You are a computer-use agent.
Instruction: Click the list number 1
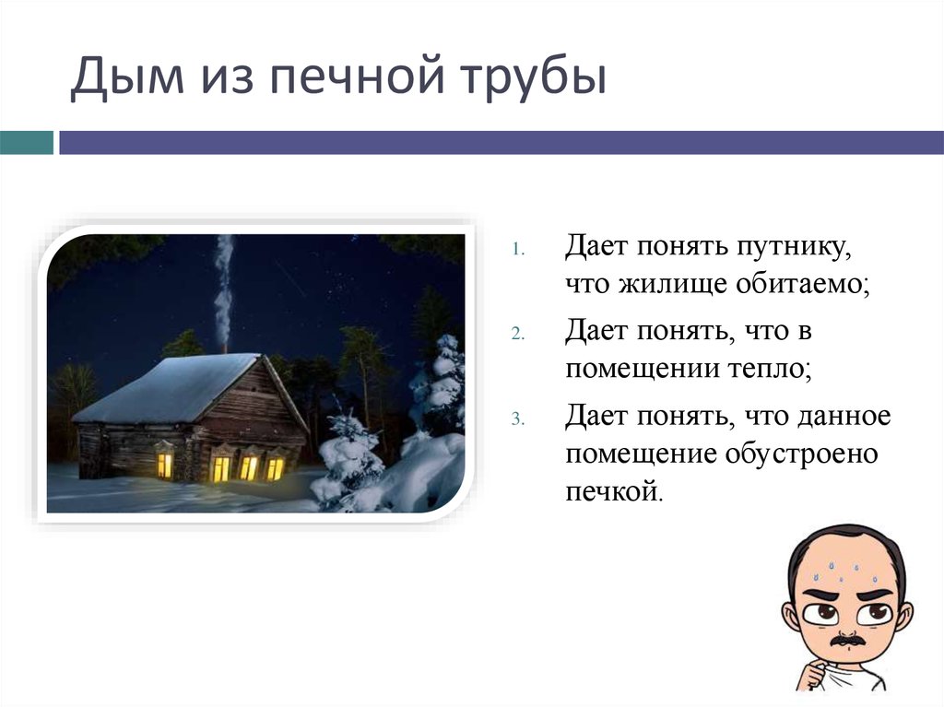518,250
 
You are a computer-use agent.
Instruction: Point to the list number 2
518,334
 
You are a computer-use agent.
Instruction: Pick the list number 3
518,418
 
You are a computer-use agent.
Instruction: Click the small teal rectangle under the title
26,142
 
